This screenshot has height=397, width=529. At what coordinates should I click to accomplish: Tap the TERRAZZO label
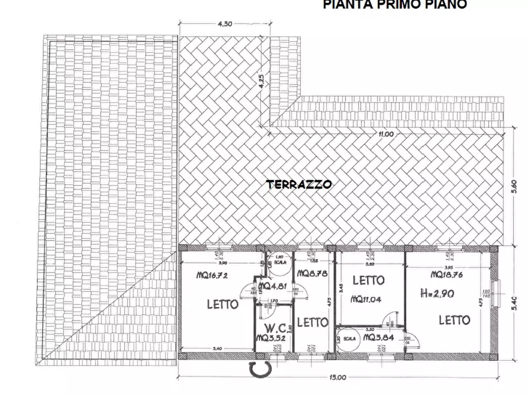[x=299, y=184]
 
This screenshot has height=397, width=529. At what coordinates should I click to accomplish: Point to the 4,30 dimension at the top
[x=225, y=24]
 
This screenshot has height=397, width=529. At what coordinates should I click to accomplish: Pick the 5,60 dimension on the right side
[x=514, y=186]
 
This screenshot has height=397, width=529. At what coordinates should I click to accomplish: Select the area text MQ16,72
[x=212, y=275]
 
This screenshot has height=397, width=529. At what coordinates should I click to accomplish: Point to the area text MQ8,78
[x=309, y=274]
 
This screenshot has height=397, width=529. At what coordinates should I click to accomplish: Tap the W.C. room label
[x=276, y=328]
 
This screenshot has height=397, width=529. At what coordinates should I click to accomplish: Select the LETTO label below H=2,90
[x=454, y=321]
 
